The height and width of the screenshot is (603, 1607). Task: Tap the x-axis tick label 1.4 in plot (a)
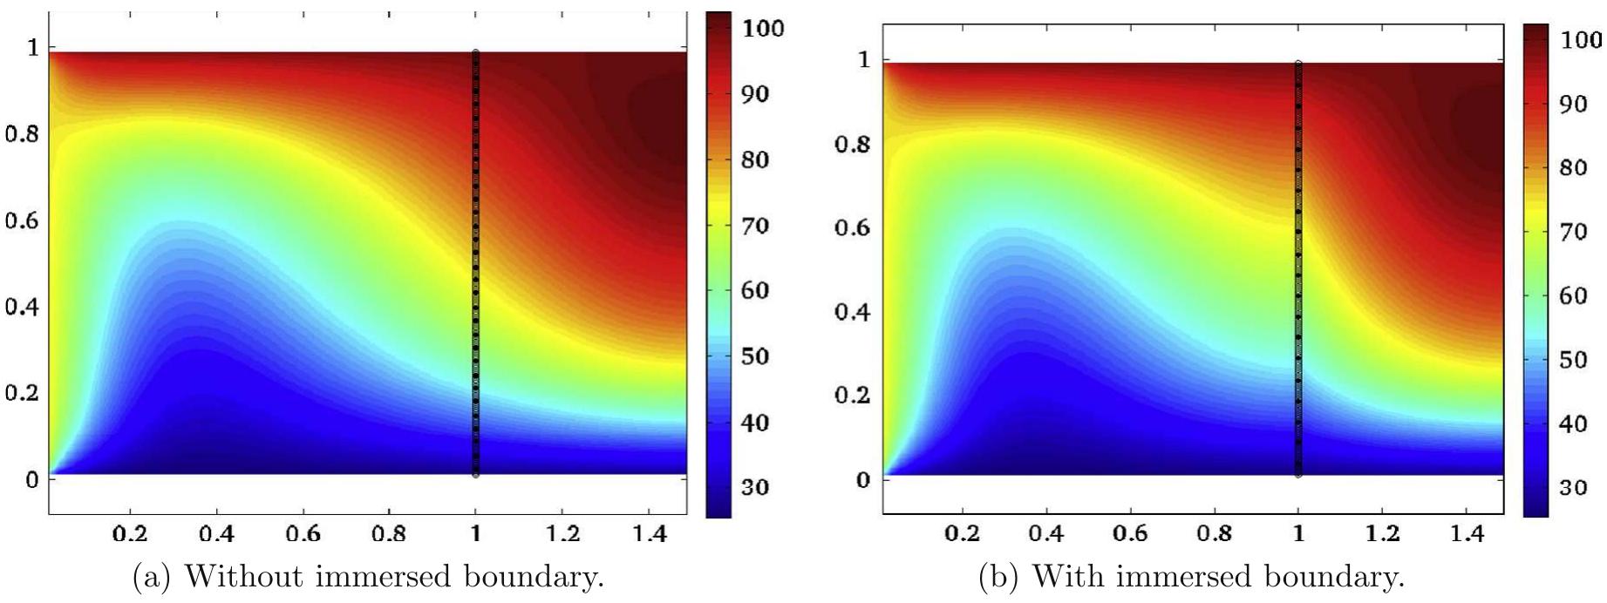click(649, 532)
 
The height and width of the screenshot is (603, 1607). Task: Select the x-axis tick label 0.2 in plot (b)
click(962, 532)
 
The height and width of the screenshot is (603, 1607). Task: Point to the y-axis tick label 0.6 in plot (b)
click(852, 227)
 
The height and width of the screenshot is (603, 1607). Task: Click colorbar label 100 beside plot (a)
click(763, 28)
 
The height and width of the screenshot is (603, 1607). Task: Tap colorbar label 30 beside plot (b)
click(1573, 487)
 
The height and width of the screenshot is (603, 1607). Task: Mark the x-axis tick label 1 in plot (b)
click(1298, 532)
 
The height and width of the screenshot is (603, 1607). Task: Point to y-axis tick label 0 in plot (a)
click(33, 479)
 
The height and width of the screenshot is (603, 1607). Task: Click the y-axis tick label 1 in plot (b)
click(863, 59)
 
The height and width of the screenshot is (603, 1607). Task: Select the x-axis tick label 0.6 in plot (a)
click(303, 532)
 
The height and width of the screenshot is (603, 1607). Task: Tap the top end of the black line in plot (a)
click(475, 53)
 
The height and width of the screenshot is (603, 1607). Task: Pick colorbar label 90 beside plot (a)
click(755, 94)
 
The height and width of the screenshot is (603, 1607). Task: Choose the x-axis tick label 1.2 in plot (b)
click(1382, 532)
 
